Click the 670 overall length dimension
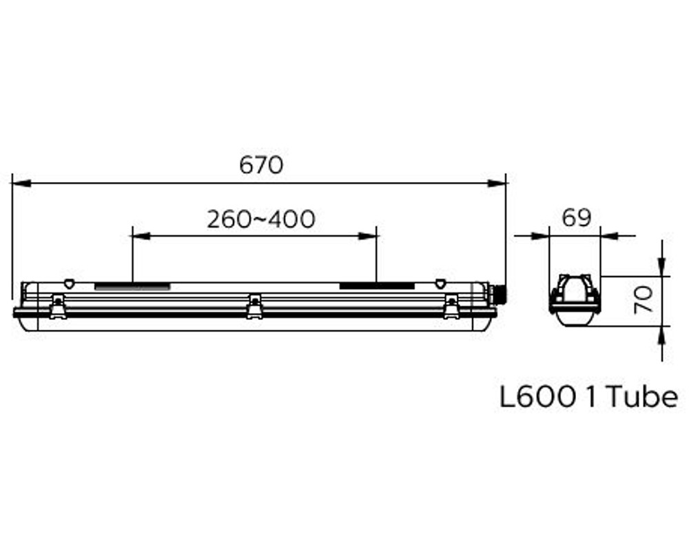[261, 166]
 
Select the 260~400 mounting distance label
[261, 219]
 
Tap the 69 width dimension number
[577, 218]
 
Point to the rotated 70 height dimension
[644, 299]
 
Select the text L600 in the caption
[538, 397]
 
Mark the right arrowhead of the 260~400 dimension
[367, 236]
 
